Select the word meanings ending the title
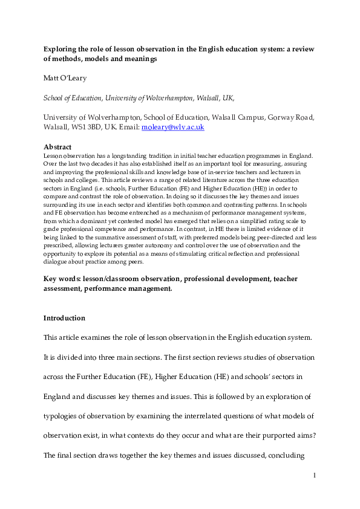click(x=139, y=59)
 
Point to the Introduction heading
click(x=64, y=318)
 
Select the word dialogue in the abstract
click(x=59, y=262)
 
